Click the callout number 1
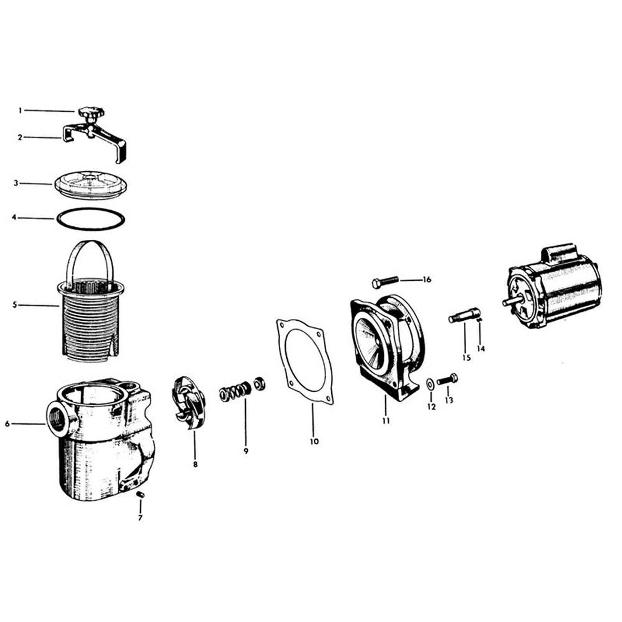coord(20,111)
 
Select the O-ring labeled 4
coord(91,218)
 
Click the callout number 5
coord(15,305)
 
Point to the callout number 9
coord(246,451)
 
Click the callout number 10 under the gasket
coord(314,441)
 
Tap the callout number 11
coord(386,420)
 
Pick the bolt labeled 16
coord(385,281)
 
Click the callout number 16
coord(427,280)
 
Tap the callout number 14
coord(481,349)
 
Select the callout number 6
coord(7,424)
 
